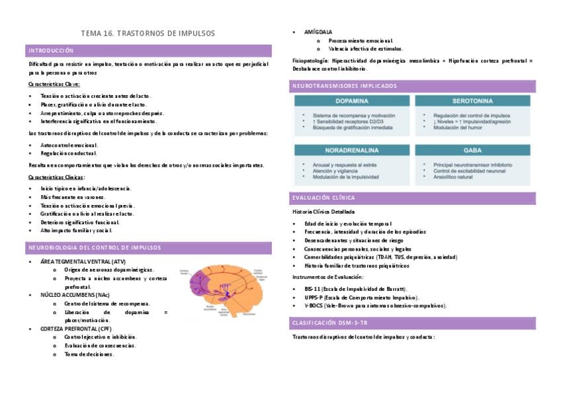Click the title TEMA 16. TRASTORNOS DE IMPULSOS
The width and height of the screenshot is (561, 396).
click(x=148, y=33)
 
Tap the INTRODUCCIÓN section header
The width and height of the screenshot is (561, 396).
click(x=51, y=51)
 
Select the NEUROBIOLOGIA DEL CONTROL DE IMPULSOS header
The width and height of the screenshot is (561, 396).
click(x=95, y=248)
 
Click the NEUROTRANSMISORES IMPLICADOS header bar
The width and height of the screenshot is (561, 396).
click(x=345, y=86)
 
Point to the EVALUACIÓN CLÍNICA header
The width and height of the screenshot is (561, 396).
click(x=324, y=198)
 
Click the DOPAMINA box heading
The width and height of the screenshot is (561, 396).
click(x=352, y=102)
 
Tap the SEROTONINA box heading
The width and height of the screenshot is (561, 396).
click(x=472, y=102)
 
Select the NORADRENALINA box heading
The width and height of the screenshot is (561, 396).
click(x=352, y=150)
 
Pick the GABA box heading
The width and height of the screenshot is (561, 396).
click(x=472, y=150)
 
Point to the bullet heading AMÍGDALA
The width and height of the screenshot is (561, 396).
click(x=318, y=32)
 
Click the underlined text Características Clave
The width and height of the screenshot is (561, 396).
click(x=54, y=85)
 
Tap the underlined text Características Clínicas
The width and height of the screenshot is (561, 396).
click(x=56, y=177)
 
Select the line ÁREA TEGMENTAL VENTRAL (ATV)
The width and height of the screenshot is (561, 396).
click(x=82, y=262)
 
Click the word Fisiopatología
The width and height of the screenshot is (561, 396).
click(x=309, y=61)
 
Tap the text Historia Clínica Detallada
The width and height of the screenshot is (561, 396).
click(x=323, y=212)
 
